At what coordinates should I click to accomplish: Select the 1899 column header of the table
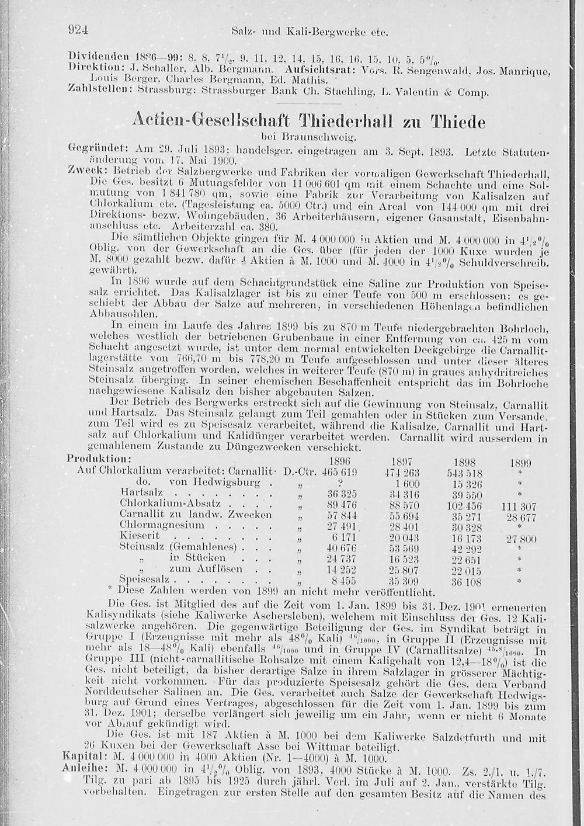(520, 463)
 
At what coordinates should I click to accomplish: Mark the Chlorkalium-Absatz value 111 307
(519, 507)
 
